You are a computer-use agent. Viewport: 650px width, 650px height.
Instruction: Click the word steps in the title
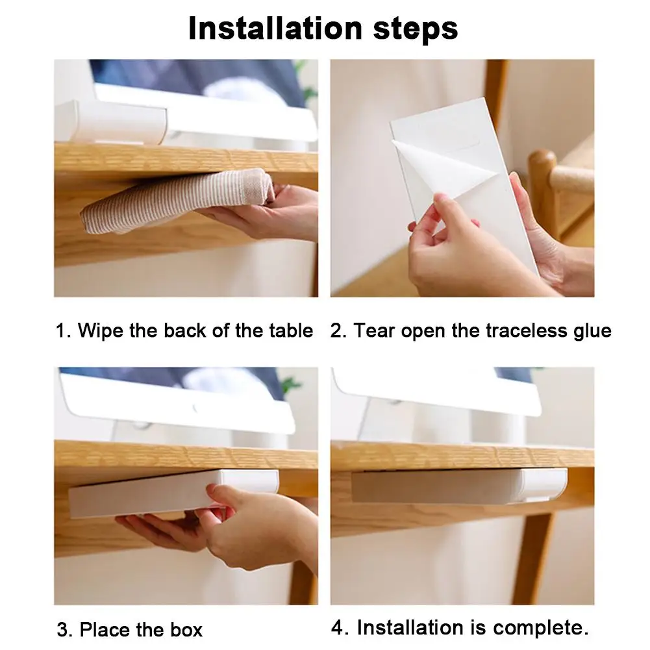pyautogui.click(x=416, y=29)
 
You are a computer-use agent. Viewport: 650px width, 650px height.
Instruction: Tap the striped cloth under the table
pyautogui.click(x=176, y=200)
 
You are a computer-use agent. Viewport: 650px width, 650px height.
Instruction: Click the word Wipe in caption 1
pyautogui.click(x=101, y=331)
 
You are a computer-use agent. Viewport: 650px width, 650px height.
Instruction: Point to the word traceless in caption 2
pyautogui.click(x=525, y=331)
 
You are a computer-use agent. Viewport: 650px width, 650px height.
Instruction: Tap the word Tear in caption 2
pyautogui.click(x=374, y=331)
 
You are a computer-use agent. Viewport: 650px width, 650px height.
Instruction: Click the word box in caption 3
pyautogui.click(x=186, y=629)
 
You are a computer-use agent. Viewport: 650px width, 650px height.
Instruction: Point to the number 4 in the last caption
pyautogui.click(x=338, y=627)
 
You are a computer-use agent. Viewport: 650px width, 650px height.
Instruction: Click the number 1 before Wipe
pyautogui.click(x=61, y=331)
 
